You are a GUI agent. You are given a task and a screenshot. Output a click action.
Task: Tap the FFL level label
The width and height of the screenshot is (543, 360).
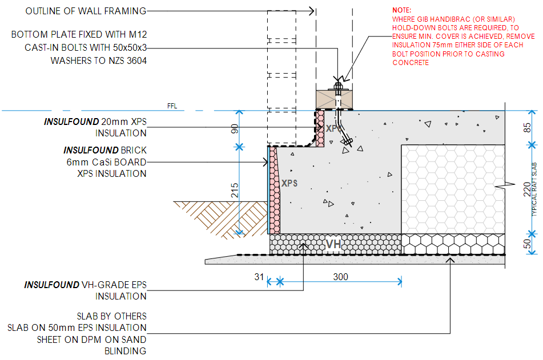coord(172,106)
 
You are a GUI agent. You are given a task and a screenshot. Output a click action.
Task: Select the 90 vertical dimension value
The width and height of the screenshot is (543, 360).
coord(234,128)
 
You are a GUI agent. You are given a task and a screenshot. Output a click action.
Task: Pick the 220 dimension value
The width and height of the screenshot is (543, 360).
coord(527,189)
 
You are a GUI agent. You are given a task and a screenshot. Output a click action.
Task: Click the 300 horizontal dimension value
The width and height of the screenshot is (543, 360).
coord(340,277)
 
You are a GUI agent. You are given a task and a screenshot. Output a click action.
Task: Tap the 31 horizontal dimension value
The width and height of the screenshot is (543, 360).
coord(259,277)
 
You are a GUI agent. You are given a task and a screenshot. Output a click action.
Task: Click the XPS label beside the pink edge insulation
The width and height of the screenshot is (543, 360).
coord(289,184)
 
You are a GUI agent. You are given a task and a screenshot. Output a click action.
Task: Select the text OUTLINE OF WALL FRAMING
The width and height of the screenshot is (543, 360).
coord(86,11)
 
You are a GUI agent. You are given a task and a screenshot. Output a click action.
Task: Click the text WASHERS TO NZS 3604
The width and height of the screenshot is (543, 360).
coord(98,60)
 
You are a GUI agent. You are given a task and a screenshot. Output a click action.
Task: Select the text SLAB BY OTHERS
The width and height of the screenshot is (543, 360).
coord(111,316)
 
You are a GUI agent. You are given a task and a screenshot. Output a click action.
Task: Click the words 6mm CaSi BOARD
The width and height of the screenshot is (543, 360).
coord(106,162)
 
